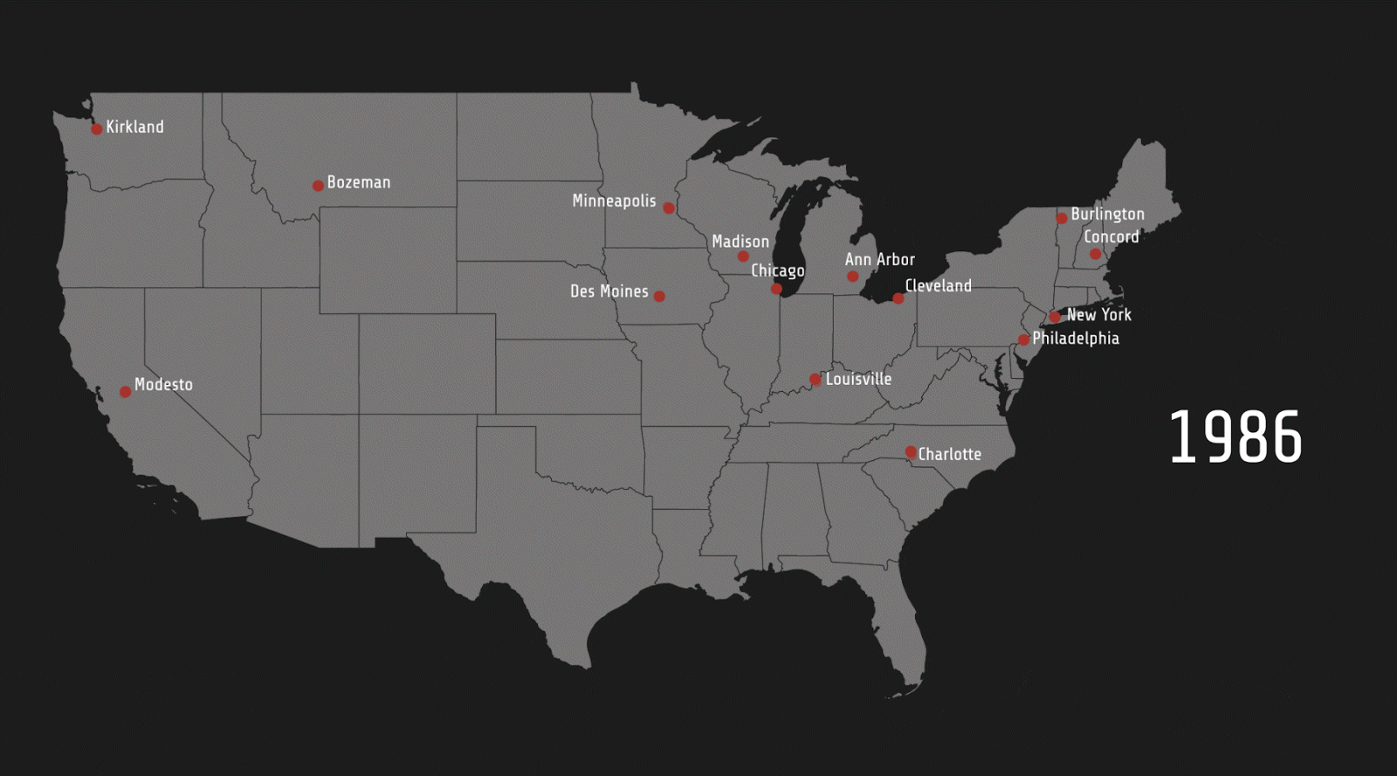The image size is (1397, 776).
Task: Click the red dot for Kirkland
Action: (x=97, y=129)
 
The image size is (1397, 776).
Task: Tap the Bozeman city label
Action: (x=359, y=182)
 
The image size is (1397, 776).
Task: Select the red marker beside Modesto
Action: (x=126, y=392)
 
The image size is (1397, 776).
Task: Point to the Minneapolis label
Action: (x=614, y=201)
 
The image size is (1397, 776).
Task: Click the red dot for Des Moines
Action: (x=659, y=297)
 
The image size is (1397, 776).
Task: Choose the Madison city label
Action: (x=740, y=241)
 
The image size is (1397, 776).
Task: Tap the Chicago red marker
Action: (x=776, y=289)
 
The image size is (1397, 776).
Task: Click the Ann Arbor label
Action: (x=879, y=259)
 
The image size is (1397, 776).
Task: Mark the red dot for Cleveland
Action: (x=898, y=299)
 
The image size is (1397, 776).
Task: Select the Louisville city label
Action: (x=858, y=379)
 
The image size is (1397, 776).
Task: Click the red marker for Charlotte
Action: (x=911, y=452)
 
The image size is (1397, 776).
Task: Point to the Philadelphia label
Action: (x=1076, y=338)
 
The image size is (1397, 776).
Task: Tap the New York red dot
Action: (x=1055, y=317)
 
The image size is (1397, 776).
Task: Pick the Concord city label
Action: (x=1111, y=237)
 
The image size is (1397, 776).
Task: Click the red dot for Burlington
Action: (x=1062, y=218)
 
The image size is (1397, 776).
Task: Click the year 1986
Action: (x=1235, y=436)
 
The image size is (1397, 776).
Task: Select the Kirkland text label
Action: (x=134, y=127)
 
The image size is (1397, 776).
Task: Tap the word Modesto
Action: (x=163, y=384)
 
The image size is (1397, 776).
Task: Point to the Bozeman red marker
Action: (x=318, y=186)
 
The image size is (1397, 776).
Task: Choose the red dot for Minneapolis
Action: (x=669, y=208)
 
